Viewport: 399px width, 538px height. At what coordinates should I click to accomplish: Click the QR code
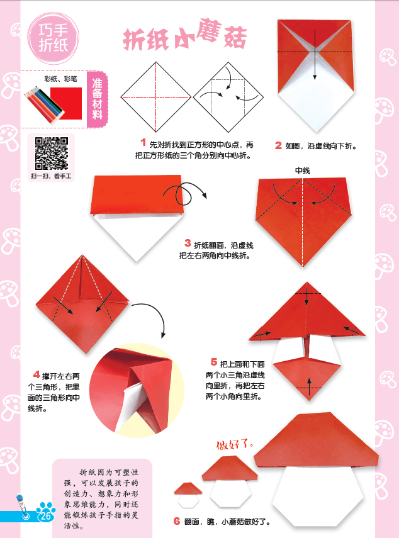50,154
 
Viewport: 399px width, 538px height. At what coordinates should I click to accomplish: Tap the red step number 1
143,143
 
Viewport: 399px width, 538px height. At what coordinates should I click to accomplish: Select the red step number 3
188,243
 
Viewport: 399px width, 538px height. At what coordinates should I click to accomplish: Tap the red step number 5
214,362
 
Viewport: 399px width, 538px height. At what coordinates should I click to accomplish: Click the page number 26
45,516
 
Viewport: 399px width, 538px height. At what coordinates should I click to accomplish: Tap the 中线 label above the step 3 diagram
302,170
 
